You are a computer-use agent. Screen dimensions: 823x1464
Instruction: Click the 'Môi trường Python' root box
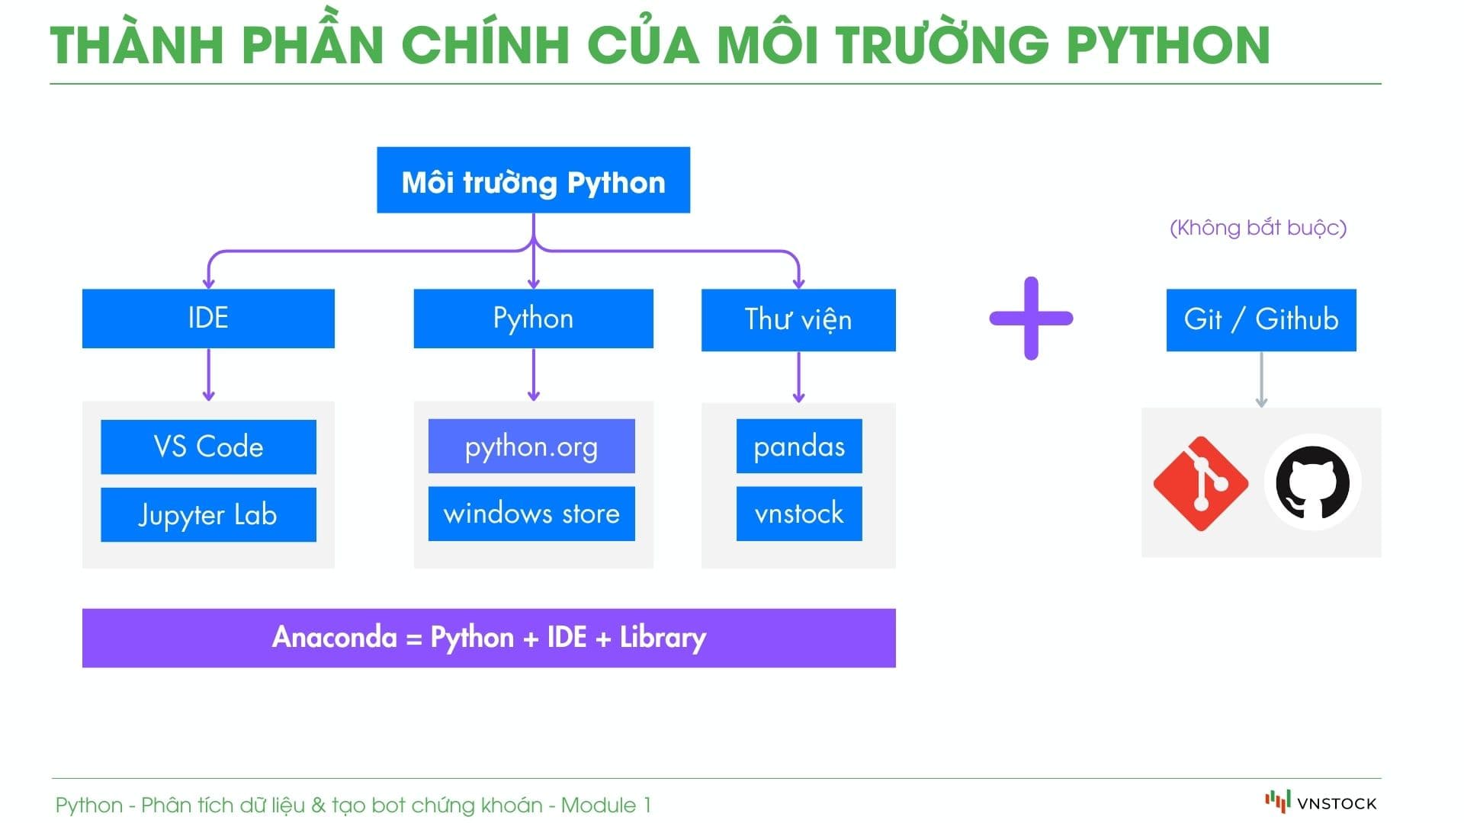click(x=533, y=181)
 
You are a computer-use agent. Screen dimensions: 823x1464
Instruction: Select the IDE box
click(x=208, y=319)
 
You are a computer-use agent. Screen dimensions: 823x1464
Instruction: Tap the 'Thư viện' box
click(x=798, y=320)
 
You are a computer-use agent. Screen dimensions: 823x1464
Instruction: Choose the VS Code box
click(x=208, y=447)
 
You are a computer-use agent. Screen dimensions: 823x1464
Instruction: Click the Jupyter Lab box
click(x=208, y=514)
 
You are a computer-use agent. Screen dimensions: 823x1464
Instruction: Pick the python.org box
click(x=531, y=446)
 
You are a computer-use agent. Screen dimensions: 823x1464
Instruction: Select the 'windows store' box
click(x=531, y=514)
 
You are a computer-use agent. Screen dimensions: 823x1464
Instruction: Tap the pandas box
click(x=799, y=446)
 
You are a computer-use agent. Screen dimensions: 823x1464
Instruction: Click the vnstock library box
click(x=799, y=514)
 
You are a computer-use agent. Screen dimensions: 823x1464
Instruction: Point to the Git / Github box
click(x=1261, y=320)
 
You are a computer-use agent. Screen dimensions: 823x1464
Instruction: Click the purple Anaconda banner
click(x=489, y=638)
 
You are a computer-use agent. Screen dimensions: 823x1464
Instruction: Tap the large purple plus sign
click(x=1031, y=319)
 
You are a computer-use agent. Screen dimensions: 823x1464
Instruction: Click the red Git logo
click(x=1200, y=483)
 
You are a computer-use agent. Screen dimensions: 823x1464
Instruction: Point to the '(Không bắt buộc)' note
click(x=1258, y=228)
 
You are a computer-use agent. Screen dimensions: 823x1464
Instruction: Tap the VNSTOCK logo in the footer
click(x=1321, y=802)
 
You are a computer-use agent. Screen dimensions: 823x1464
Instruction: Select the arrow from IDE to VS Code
click(x=208, y=375)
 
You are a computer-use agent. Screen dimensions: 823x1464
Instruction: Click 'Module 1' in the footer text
click(x=606, y=805)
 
